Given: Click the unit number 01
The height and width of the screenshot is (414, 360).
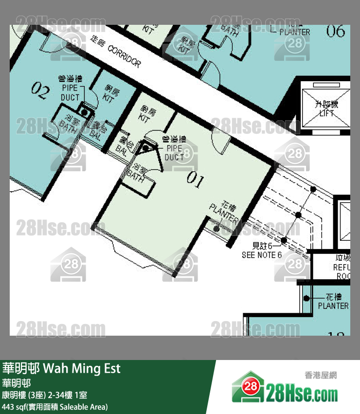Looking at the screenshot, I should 196,180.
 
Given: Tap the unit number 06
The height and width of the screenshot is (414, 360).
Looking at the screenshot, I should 336,32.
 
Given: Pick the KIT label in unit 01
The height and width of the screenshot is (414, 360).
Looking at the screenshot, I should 144,114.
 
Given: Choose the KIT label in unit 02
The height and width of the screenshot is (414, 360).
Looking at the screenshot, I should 109,94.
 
